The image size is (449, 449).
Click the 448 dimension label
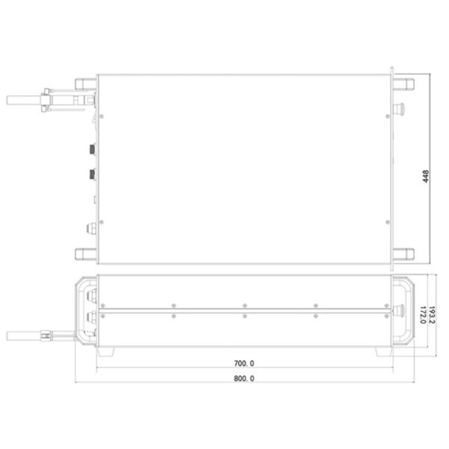(426, 177)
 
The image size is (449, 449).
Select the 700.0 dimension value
(243, 363)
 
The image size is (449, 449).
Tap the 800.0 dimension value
(243, 379)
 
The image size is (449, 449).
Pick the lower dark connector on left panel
(92, 176)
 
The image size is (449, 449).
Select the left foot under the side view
(106, 352)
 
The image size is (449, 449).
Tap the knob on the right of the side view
(399, 309)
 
